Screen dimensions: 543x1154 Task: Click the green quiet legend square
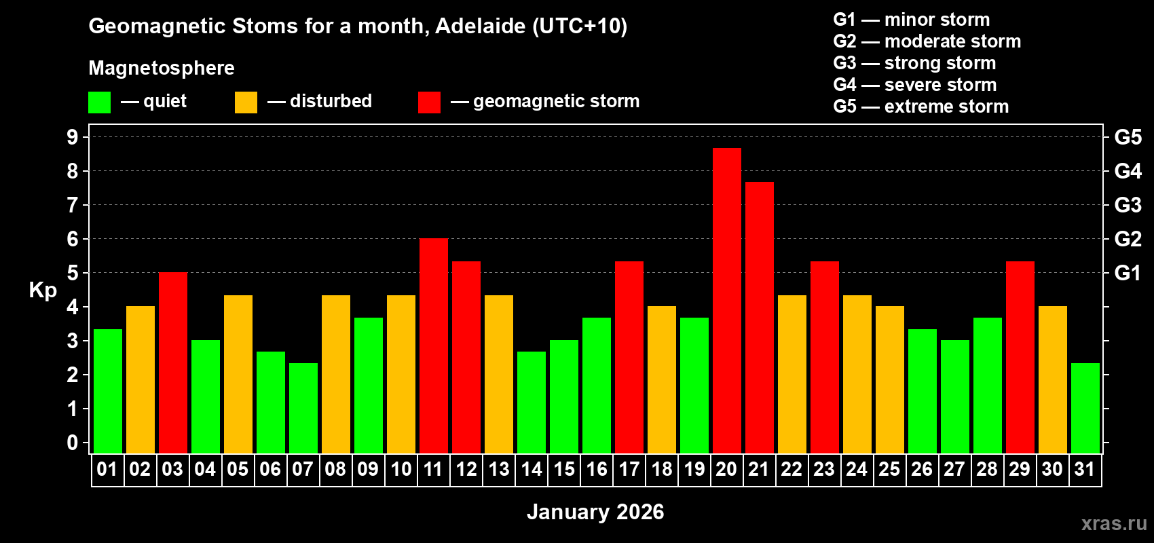tap(99, 102)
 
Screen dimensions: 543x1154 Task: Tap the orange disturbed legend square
tap(246, 102)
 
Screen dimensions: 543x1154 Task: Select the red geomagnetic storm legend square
tap(429, 102)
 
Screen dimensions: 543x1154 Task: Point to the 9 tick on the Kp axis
tap(73, 137)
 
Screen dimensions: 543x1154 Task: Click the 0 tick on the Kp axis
tap(73, 443)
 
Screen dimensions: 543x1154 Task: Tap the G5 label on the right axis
tap(1128, 137)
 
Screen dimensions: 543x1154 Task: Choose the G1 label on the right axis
tap(1128, 273)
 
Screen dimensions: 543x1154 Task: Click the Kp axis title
tap(43, 291)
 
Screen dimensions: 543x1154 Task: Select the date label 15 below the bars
tap(563, 469)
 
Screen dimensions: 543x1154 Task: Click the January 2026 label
tap(595, 512)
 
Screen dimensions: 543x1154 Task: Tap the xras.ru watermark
tap(1113, 523)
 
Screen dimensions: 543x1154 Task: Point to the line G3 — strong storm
tap(914, 63)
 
